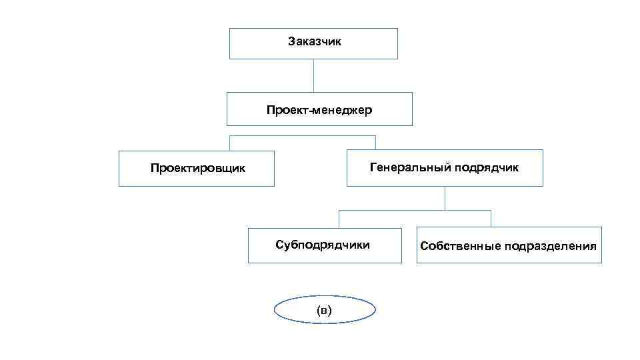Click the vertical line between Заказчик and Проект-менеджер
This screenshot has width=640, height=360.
pyautogui.click(x=313, y=75)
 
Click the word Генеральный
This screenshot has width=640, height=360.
pyautogui.click(x=410, y=167)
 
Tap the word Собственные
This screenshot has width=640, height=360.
pyautogui.click(x=460, y=246)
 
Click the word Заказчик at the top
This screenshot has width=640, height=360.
pyautogui.click(x=315, y=41)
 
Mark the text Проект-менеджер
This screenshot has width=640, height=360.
pyautogui.click(x=319, y=109)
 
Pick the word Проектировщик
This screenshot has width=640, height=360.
pyautogui.click(x=197, y=168)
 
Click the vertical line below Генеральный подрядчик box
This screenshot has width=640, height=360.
pyautogui.click(x=445, y=198)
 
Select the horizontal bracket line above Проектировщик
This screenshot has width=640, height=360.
pyautogui.click(x=303, y=136)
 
